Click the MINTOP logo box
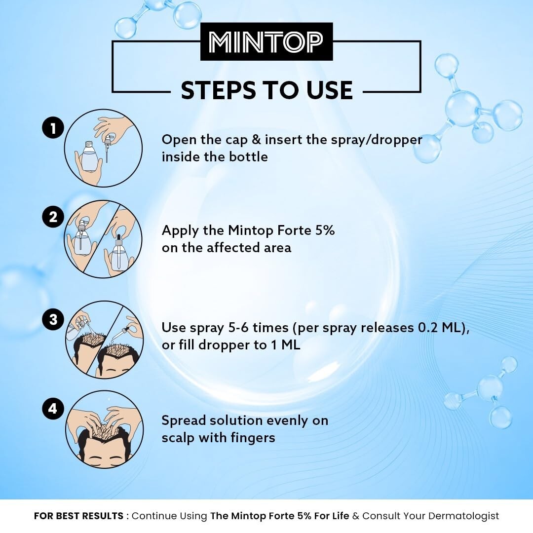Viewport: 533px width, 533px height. tap(266, 41)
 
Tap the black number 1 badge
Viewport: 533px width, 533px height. tap(53, 128)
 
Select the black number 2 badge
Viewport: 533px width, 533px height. tap(53, 217)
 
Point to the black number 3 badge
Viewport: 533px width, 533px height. tap(53, 319)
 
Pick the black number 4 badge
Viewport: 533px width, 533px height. tap(53, 409)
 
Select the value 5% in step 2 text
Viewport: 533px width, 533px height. tap(325, 230)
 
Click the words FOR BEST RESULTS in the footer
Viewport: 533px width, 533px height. tap(78, 516)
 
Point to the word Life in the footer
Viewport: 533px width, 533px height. tap(340, 516)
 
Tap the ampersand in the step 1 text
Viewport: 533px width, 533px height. tap(256, 140)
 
